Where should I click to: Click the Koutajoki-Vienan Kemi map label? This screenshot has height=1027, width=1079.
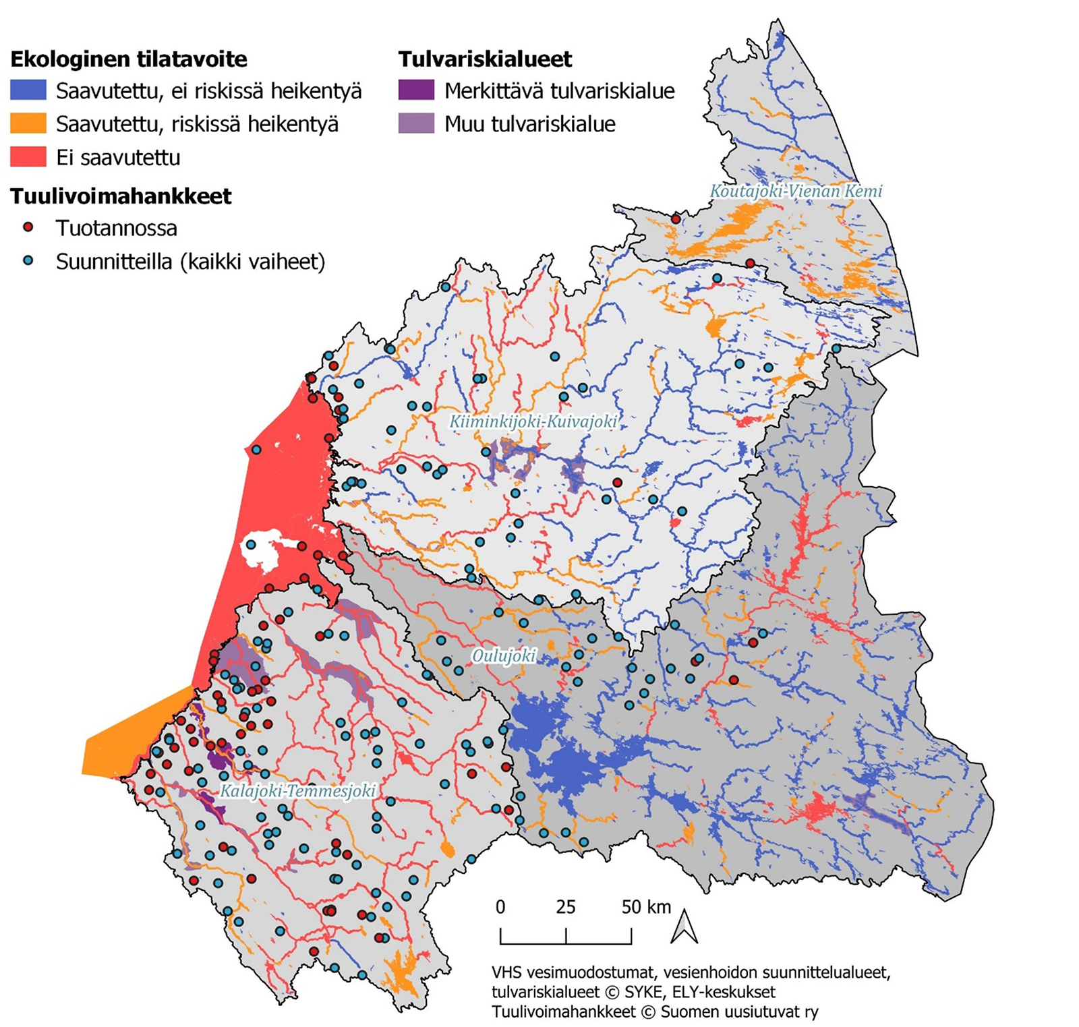click(x=796, y=191)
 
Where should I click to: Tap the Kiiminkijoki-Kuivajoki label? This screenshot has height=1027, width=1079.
click(x=533, y=422)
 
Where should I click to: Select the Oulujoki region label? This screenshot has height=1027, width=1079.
click(x=504, y=655)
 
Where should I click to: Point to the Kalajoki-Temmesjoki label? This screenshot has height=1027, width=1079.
click(x=297, y=790)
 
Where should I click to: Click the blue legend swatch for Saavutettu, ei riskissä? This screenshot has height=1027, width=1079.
click(x=28, y=90)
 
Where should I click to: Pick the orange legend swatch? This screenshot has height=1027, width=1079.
click(x=28, y=123)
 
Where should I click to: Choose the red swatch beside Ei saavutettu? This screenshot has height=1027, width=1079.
click(x=28, y=157)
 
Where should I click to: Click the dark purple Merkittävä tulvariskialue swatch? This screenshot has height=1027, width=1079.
click(x=416, y=90)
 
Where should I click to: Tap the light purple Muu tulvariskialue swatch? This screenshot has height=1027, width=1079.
click(x=416, y=123)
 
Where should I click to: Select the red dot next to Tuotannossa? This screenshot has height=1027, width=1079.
click(x=28, y=227)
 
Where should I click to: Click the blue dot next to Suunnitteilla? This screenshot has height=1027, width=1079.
click(x=28, y=260)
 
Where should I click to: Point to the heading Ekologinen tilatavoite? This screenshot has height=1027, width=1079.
click(x=129, y=59)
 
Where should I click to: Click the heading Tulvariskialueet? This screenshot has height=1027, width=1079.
click(x=485, y=59)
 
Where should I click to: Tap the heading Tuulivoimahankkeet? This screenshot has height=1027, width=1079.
click(x=121, y=196)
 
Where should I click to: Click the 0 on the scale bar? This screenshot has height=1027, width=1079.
click(x=500, y=907)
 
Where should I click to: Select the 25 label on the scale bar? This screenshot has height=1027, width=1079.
click(x=565, y=907)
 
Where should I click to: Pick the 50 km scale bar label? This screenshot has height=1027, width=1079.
click(x=646, y=907)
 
